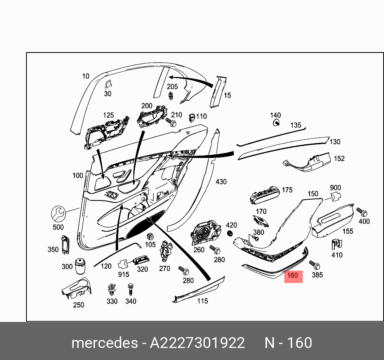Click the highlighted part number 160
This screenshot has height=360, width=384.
pyautogui.click(x=293, y=276)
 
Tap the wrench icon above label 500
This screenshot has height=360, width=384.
pyautogui.click(x=58, y=214)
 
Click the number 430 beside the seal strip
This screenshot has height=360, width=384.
pyautogui.click(x=221, y=182)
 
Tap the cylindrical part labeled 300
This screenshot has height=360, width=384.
pyautogui.click(x=80, y=266)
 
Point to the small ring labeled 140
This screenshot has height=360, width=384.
pyautogui.click(x=276, y=123)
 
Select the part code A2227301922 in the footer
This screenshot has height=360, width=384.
pyautogui.click(x=197, y=343)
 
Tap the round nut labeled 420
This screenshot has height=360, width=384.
pyautogui.click(x=230, y=233)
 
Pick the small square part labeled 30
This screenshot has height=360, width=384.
pyautogui.click(x=108, y=84)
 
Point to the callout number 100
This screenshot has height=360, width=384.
pyautogui.click(x=78, y=175)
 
